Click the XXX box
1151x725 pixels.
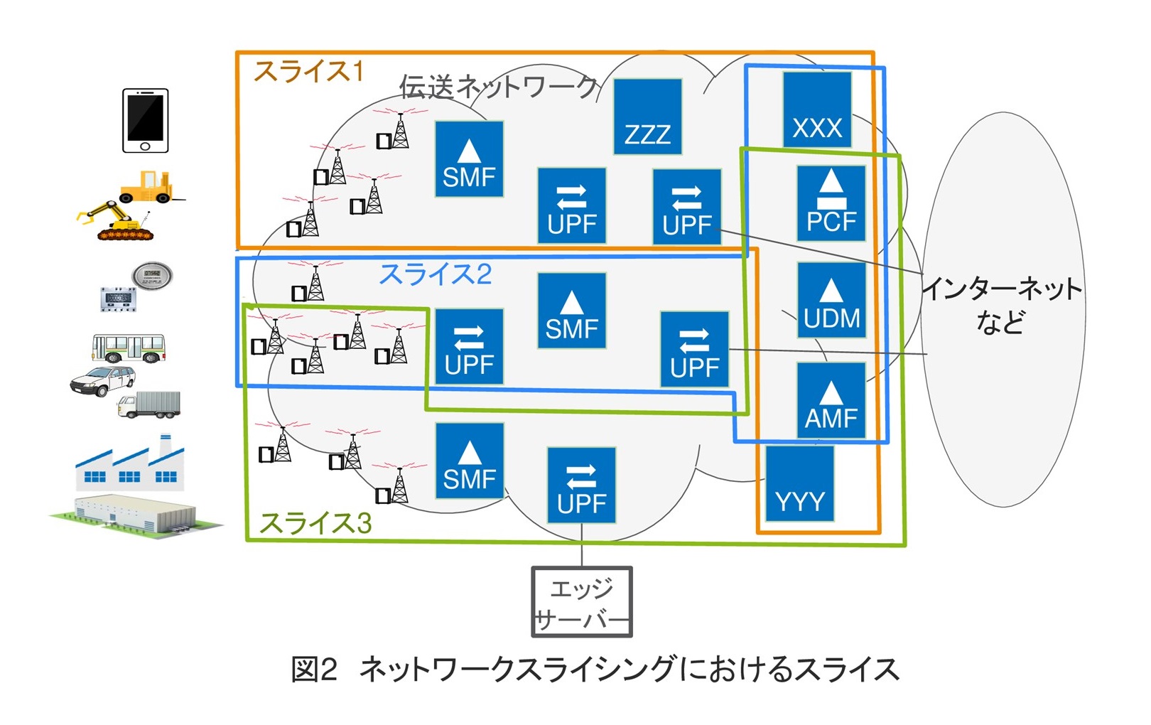coord(816,109)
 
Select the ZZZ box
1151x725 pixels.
coord(647,117)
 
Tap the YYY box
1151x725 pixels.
coord(799,483)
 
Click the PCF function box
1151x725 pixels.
coord(831,203)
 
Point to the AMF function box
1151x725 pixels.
coord(831,399)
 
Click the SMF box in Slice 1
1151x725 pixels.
coord(469,159)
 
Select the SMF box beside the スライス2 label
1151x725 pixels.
coord(571,311)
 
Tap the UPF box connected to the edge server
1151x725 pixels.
coord(581,485)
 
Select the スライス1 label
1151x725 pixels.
coord(308,71)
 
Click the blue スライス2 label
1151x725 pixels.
coord(435,274)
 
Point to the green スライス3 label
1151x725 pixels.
coord(315,523)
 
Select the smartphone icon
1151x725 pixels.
coord(145,120)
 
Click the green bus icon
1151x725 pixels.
coord(128,348)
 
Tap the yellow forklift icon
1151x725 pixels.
coord(146,186)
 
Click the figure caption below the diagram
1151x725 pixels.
coord(595,670)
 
